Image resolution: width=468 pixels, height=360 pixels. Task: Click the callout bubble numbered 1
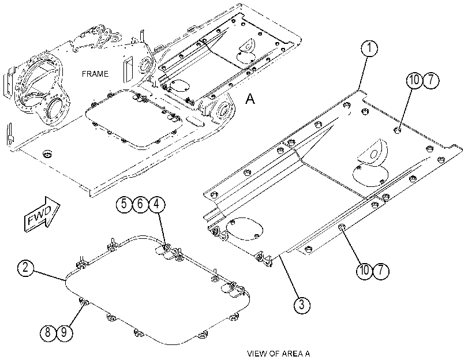point(369,48)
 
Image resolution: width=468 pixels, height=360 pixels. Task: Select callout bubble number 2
point(26,268)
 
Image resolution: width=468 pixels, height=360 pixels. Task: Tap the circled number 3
point(302,305)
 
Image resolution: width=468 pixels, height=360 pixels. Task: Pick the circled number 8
point(48,332)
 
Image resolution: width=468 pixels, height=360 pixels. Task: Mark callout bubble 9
point(64,332)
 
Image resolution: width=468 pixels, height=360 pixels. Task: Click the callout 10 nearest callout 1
point(414,81)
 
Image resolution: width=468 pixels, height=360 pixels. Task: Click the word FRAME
point(95,74)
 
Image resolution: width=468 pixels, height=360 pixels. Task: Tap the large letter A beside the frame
point(250,99)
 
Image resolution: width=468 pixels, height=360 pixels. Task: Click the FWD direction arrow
point(42,215)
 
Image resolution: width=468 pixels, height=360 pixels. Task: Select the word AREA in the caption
point(292,354)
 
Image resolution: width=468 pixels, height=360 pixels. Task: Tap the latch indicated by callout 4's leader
point(165,249)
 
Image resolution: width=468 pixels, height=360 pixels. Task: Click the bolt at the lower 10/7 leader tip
point(341,228)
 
